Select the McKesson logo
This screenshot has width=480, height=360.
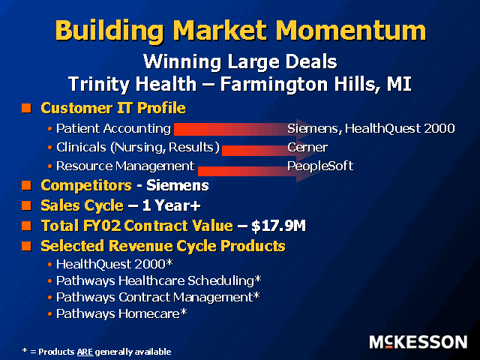(418, 342)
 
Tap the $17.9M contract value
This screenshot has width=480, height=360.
(278, 226)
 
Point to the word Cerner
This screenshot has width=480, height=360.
(307, 148)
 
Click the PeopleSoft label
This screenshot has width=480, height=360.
(320, 166)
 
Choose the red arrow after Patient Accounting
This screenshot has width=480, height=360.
(241, 129)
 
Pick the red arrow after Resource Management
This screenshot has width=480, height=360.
(254, 171)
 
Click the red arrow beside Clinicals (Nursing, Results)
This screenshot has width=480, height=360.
(265, 150)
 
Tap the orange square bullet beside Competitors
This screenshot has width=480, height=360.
(27, 185)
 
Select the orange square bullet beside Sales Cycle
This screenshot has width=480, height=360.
(27, 205)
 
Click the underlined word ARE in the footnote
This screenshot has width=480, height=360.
(85, 352)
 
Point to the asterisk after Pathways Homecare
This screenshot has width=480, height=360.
(183, 312)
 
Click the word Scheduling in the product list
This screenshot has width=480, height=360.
(220, 281)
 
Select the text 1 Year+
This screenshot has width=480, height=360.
(172, 205)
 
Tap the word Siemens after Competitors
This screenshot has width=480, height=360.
(178, 185)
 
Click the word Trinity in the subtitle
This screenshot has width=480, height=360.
(98, 84)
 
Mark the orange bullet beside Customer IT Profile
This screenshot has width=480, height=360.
(27, 108)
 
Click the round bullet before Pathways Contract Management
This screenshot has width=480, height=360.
(50, 298)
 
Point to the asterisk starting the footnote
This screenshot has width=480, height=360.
(25, 351)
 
